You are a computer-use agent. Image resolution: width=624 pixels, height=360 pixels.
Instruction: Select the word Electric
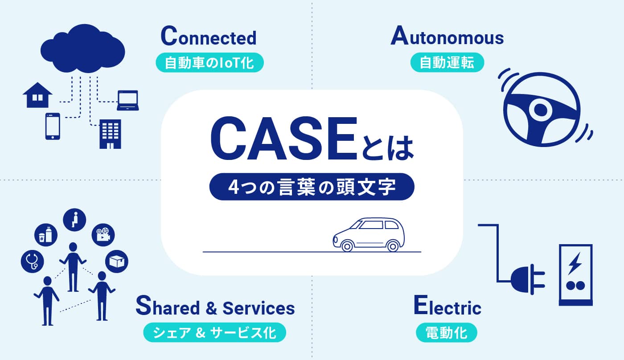pyautogui.click(x=447, y=305)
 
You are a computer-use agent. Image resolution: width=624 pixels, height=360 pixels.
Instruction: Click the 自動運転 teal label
pyautogui.click(x=447, y=62)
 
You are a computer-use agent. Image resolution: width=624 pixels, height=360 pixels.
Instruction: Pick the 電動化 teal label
pyautogui.click(x=447, y=332)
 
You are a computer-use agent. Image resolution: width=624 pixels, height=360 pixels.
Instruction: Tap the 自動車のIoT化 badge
pyautogui.click(x=209, y=62)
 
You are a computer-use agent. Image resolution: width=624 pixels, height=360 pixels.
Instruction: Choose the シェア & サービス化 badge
pyautogui.click(x=214, y=332)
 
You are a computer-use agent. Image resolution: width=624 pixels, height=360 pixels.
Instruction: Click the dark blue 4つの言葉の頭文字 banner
pyautogui.click(x=312, y=187)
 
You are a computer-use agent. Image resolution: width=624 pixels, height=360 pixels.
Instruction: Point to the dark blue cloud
pyautogui.click(x=83, y=49)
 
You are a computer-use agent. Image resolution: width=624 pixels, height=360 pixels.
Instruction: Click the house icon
pyautogui.click(x=37, y=95)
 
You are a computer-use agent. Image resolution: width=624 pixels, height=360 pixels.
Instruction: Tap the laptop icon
pyautogui.click(x=128, y=101)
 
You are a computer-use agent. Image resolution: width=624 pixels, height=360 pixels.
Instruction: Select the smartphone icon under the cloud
pyautogui.click(x=53, y=126)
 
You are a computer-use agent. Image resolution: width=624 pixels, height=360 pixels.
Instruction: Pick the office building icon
pyautogui.click(x=111, y=134)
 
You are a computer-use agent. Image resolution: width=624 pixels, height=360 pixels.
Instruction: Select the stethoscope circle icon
pyautogui.click(x=32, y=261)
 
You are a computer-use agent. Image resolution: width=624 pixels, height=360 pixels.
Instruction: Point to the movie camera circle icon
pyautogui.click(x=103, y=235)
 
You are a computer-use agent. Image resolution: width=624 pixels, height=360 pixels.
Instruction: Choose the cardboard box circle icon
pyautogui.click(x=117, y=261)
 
